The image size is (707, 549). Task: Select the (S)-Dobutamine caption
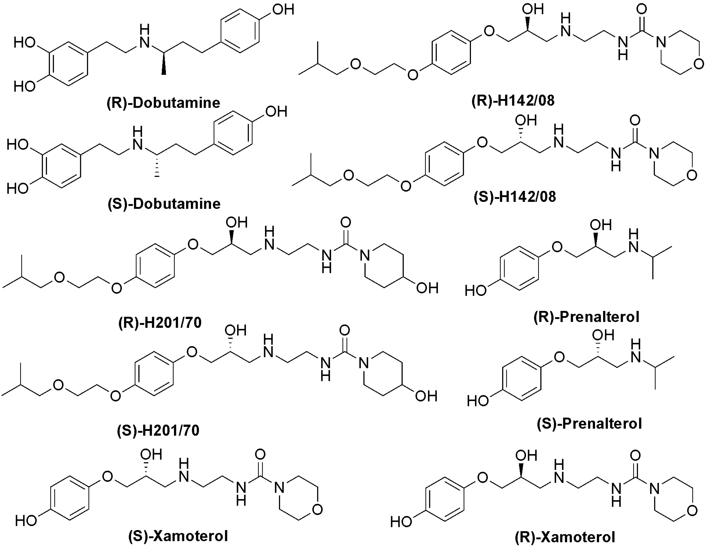click(164, 204)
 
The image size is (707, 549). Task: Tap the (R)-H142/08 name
click(513, 101)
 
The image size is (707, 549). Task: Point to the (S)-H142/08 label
click(515, 197)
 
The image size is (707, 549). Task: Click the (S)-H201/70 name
click(158, 430)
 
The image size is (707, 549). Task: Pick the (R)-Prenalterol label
click(587, 317)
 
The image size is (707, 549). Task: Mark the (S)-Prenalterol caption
click(589, 424)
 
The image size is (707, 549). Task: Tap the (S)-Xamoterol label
click(178, 536)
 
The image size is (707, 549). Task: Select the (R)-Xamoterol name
click(565, 537)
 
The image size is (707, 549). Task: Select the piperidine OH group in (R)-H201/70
click(427, 288)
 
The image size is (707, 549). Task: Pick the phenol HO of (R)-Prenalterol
click(476, 291)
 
